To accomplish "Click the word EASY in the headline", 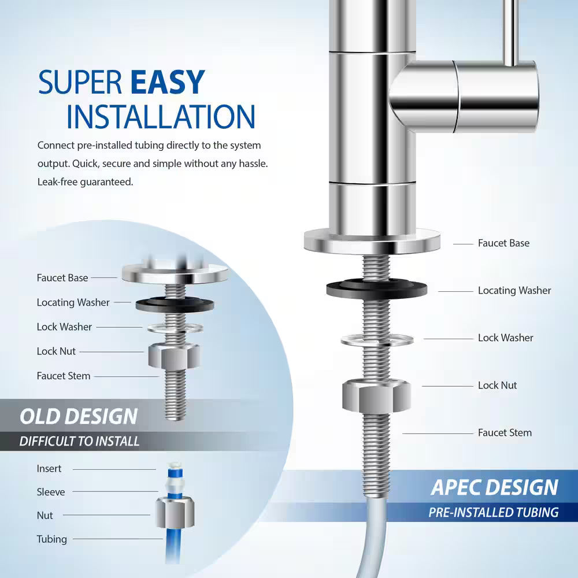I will click(x=168, y=82).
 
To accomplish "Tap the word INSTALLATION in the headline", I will click(x=160, y=116).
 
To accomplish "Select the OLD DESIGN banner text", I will click(x=79, y=416).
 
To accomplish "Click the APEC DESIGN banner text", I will click(x=495, y=487).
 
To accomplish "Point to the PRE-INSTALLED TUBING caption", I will click(x=493, y=512).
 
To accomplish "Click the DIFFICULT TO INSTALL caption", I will click(x=79, y=441).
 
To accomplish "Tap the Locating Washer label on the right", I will click(x=514, y=291).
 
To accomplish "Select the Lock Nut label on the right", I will click(x=497, y=386).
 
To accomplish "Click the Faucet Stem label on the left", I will click(x=64, y=376).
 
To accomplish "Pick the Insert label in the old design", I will click(x=49, y=469).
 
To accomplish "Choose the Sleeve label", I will click(x=51, y=492).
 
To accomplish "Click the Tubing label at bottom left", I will click(x=52, y=539).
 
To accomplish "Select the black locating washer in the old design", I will click(x=175, y=304).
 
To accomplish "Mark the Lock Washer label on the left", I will click(x=64, y=327).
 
